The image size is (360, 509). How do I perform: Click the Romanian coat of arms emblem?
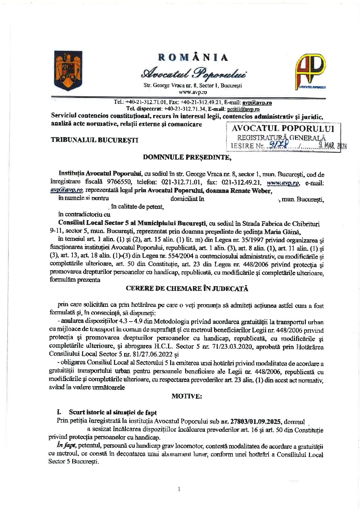pos(68,70)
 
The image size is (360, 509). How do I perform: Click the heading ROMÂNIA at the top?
pos(193,57)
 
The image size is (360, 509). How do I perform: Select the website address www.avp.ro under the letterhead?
pos(193,92)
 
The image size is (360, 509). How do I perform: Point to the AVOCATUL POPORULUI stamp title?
pos(283,129)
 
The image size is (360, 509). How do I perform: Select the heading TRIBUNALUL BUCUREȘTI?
pos(95,140)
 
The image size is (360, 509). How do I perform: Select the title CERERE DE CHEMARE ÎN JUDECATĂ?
pos(187,289)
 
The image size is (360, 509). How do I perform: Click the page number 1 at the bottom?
pos(179,489)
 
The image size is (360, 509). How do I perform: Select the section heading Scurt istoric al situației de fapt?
pos(113,412)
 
